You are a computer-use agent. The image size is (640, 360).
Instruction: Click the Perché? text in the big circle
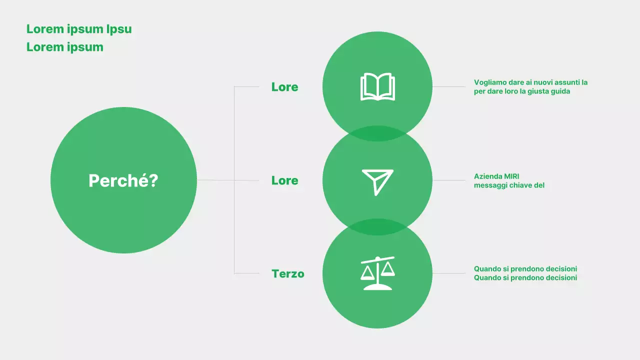[x=123, y=180]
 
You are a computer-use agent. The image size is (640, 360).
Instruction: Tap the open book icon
[x=377, y=87]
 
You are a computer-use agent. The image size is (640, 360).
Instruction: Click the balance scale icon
[x=377, y=273]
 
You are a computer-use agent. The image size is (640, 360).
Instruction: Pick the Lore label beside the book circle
[x=284, y=87]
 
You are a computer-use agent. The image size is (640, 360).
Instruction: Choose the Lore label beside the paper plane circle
[x=284, y=180]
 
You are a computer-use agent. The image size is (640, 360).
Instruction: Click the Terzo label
[x=287, y=273]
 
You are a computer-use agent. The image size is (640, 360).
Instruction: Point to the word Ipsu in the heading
[x=119, y=29]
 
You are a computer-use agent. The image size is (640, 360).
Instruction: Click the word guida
[x=560, y=91]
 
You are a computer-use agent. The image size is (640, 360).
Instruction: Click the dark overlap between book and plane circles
[x=377, y=133]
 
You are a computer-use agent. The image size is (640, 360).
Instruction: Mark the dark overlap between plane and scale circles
[x=377, y=227]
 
